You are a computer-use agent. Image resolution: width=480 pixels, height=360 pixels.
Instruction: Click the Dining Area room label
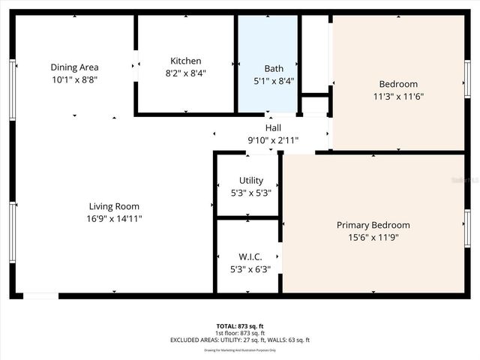[x=74, y=67]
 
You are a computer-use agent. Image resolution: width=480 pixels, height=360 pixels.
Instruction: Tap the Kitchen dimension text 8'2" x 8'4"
[x=185, y=73]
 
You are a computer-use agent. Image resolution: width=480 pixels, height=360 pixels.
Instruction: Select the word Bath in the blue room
[x=274, y=68]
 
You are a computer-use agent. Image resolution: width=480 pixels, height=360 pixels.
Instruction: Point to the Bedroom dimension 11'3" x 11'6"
[x=398, y=97]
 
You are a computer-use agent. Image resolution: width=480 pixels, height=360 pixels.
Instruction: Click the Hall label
[x=273, y=128]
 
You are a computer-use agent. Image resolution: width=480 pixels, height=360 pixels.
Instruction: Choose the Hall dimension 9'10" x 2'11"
[x=273, y=139]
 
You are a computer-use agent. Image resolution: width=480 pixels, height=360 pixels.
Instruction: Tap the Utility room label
[x=250, y=180]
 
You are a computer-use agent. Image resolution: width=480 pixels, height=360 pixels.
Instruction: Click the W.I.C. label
[x=250, y=256]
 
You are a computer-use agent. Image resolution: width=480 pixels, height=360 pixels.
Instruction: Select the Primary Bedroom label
[x=373, y=225]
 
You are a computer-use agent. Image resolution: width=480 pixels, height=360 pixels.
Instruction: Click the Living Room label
[x=114, y=206]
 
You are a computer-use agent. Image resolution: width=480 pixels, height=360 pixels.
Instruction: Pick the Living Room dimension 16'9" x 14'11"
[x=114, y=218]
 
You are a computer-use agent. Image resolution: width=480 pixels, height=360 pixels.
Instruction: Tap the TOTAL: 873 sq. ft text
[x=240, y=326]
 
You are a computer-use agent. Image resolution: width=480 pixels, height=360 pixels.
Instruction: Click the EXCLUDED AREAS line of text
[x=240, y=340]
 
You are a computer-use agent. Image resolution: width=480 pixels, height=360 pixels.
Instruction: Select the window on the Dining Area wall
[x=11, y=88]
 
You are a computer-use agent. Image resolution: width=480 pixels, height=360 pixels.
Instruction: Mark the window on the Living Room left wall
[x=11, y=232]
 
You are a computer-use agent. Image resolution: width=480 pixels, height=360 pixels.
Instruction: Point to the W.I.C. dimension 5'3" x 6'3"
[x=250, y=268]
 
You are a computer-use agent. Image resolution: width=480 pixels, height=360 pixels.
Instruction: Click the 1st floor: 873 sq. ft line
[x=240, y=333]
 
